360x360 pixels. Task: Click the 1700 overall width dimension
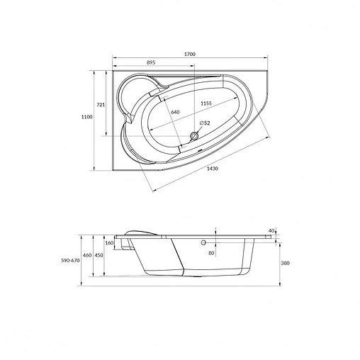(x=190, y=54)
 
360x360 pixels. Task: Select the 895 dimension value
(x=151, y=62)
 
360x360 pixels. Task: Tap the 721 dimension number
(x=101, y=105)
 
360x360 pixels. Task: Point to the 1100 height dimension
(x=86, y=117)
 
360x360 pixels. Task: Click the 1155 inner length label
(x=206, y=103)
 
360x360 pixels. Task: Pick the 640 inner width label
(x=175, y=112)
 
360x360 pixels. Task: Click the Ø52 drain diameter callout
(x=205, y=123)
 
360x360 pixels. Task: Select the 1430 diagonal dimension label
(x=212, y=169)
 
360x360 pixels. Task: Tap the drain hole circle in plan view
(x=194, y=136)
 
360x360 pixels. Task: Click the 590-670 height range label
(x=70, y=261)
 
